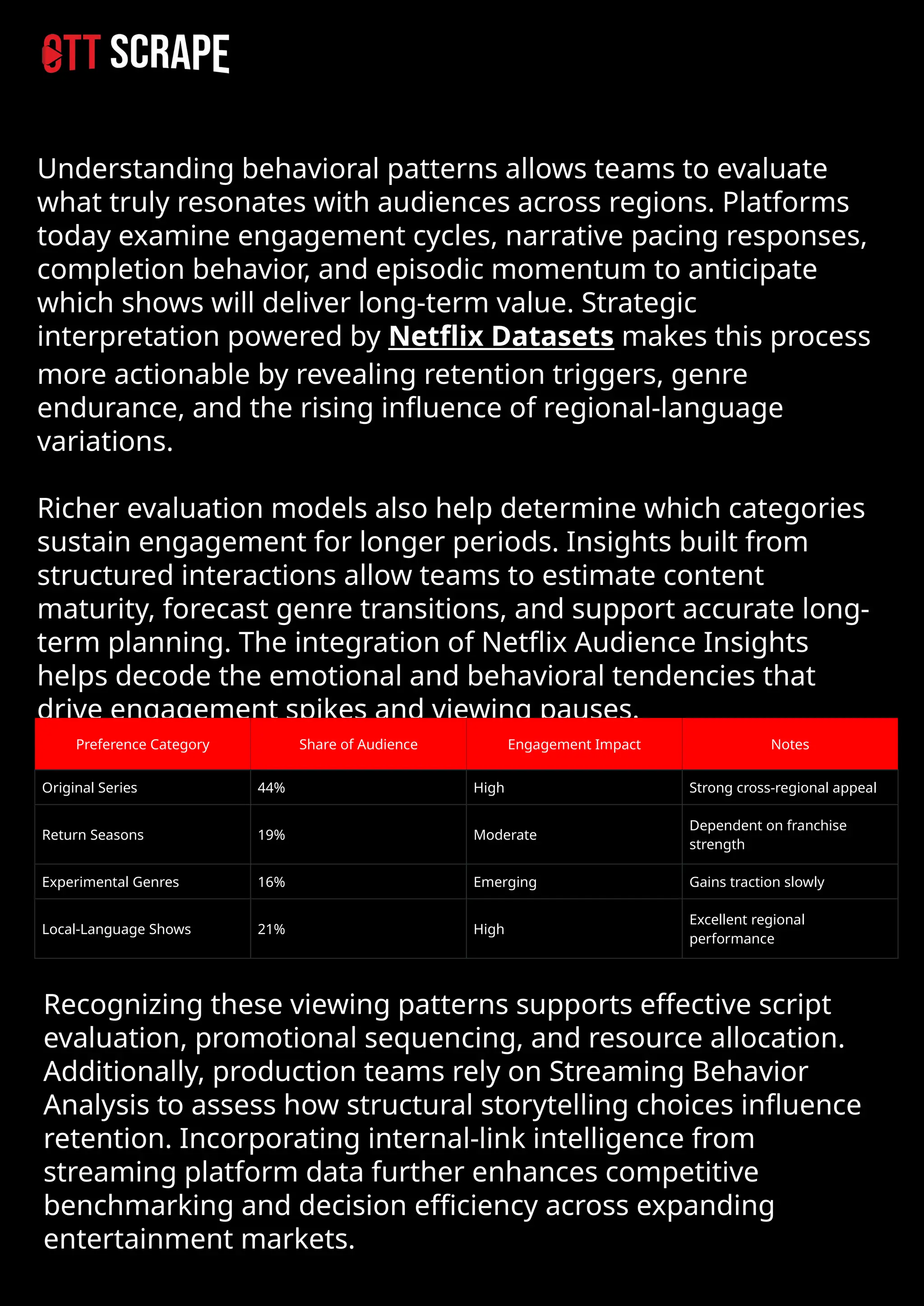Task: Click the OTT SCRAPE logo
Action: coord(135,53)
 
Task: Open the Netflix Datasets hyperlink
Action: coord(501,336)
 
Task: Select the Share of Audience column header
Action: coord(358,744)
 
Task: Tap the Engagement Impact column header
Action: coord(573,744)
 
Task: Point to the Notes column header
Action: coord(789,744)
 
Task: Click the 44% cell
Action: coord(272,788)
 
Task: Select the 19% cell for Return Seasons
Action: coord(272,835)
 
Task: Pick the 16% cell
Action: coord(272,882)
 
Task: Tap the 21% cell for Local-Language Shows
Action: coord(272,929)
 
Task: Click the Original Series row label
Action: coord(89,788)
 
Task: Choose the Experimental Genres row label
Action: coord(111,882)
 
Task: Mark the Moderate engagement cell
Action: coord(505,835)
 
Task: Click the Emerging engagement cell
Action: coord(505,882)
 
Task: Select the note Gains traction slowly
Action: coord(756,882)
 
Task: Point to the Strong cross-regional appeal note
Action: coord(782,788)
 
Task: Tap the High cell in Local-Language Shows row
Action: coord(489,929)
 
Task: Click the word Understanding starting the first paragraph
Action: coord(135,169)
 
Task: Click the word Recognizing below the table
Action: coord(123,1004)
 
